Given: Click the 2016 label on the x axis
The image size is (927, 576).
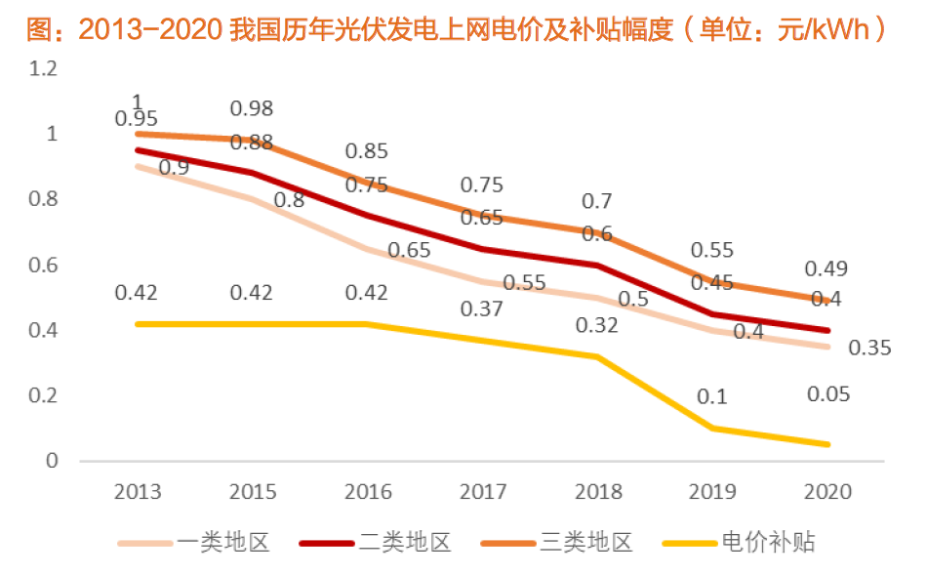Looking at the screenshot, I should tap(368, 491).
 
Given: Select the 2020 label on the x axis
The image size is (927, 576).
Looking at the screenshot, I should tap(826, 491).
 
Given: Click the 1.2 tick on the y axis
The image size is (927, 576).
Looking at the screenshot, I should tap(44, 68).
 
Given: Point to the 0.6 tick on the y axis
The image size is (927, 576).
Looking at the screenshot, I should tap(44, 265).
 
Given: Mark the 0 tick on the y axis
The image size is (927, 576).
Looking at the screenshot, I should tap(52, 461).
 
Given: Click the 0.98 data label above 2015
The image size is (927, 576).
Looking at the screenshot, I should tap(251, 108).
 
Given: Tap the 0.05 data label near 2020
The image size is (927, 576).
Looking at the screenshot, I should tap(828, 394).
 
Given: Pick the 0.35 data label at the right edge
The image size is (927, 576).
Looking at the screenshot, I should tap(869, 348).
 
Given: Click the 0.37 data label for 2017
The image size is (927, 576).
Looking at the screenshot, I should tap(481, 309).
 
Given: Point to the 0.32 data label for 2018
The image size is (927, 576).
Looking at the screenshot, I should tap(596, 325).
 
